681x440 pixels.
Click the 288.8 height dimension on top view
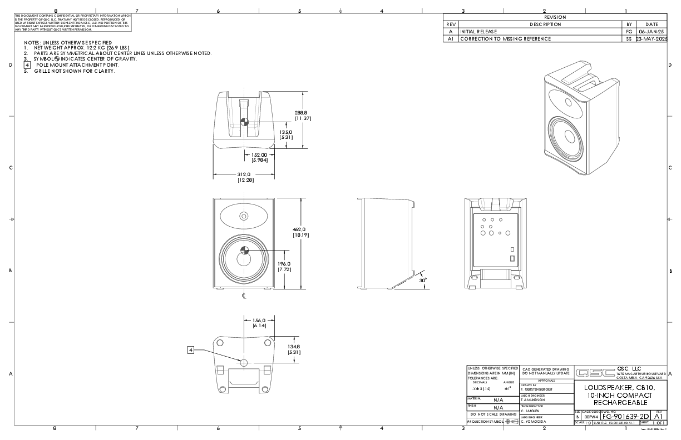(303, 115)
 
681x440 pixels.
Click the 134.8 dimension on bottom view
(295, 349)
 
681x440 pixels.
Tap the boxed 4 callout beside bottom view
(191, 350)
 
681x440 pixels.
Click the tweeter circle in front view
(244, 216)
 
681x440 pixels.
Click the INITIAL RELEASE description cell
(482, 32)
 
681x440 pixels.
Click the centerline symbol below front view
(244, 296)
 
